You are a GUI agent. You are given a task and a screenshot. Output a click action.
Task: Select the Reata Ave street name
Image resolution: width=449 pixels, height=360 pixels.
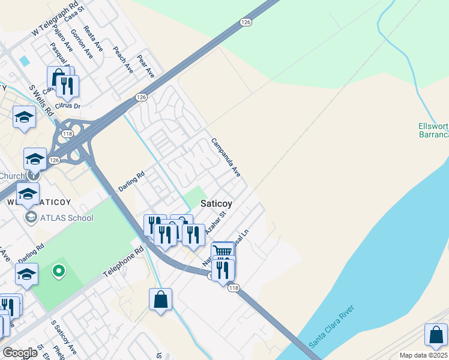click(94, 39)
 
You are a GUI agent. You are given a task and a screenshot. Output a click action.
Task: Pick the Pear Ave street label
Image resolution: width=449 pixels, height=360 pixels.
click(146, 66)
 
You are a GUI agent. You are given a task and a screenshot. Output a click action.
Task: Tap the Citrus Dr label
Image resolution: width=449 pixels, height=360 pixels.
click(67, 106)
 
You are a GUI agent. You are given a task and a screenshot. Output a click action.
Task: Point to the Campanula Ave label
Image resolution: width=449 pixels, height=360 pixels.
click(226, 158)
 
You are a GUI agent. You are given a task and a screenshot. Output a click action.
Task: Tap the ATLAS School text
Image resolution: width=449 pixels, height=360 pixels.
click(66, 217)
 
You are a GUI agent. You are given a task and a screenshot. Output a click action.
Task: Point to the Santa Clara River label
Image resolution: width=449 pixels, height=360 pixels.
click(331, 326)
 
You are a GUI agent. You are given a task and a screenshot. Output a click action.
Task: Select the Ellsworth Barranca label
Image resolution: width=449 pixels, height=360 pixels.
click(433, 130)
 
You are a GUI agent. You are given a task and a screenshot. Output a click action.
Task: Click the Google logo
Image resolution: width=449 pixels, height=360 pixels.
click(20, 353)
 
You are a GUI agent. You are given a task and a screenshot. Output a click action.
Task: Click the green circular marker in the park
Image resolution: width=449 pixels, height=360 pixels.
click(58, 271)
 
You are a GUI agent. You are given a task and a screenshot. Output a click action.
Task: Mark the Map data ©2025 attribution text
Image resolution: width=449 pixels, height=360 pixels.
click(423, 355)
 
